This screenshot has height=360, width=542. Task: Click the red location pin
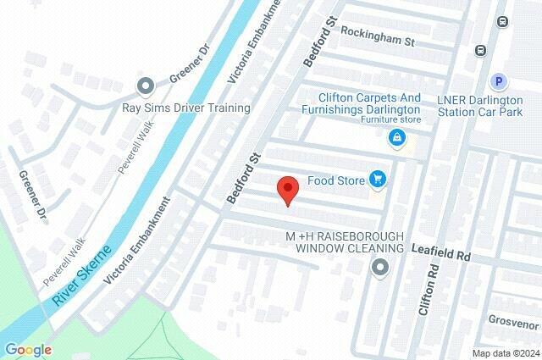[288, 190]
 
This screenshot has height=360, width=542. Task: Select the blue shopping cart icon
[378, 179]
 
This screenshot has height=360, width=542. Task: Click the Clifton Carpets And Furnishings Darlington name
[369, 103]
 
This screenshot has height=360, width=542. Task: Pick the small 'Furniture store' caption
[390, 120]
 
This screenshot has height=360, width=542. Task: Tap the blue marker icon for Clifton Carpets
[395, 137]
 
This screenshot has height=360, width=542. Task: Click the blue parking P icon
[500, 81]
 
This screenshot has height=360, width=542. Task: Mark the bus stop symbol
[480, 49]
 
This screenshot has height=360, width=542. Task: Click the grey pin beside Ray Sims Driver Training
[146, 86]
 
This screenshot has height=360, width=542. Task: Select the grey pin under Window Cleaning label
[380, 269]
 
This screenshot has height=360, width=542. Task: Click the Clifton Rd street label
[430, 288]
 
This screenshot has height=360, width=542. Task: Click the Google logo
[28, 349]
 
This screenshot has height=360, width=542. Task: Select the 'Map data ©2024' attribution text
[505, 353]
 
